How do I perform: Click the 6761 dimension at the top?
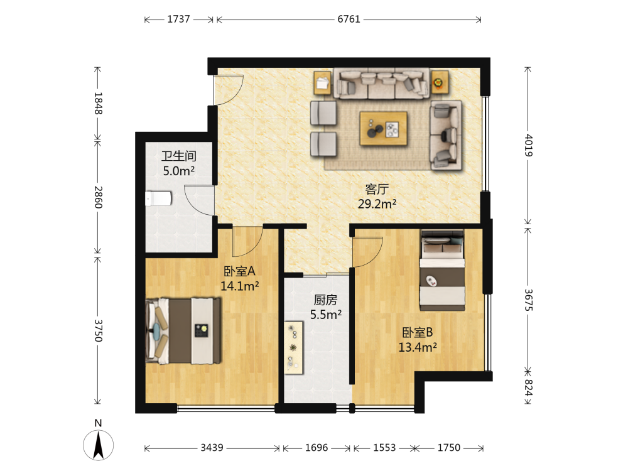tap(349, 19)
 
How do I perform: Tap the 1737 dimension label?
tap(178, 19)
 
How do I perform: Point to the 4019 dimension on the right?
tap(528, 146)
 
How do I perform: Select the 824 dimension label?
tap(528, 387)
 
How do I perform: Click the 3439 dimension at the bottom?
tap(212, 447)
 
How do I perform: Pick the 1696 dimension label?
tap(317, 447)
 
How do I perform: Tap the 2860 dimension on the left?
tap(98, 197)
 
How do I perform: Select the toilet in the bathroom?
tap(158, 198)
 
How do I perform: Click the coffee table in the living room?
tap(383, 128)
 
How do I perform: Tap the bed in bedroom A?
tap(183, 331)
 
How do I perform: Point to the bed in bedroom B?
tap(442, 270)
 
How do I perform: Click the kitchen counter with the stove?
tap(293, 348)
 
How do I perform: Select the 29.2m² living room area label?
tap(377, 204)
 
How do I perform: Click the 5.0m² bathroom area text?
tap(178, 171)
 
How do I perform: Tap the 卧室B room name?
tap(418, 332)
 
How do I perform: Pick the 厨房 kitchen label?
tap(325, 300)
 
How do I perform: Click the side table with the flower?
tap(440, 83)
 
